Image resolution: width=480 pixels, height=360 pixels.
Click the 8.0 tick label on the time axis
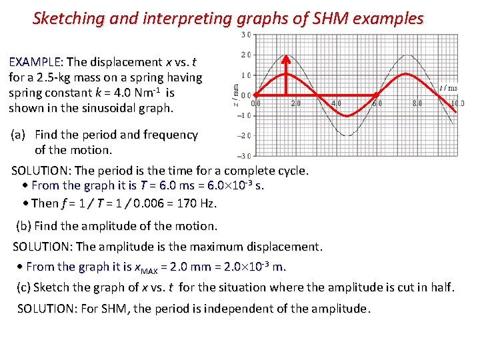coord(417,103)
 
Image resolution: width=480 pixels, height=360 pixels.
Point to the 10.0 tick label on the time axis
coord(457,103)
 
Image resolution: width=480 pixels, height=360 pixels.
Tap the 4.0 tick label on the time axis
coord(336,103)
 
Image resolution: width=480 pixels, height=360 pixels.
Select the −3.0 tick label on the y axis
coord(245,155)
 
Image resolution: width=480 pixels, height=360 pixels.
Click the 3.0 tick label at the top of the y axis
coord(247,35)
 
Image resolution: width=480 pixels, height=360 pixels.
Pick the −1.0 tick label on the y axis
coord(245,115)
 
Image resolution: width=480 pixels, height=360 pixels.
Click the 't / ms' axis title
coord(448,88)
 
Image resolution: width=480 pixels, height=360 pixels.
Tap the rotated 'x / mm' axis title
coord(235,93)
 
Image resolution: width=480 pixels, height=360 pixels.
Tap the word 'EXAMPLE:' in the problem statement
coord(35,62)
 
